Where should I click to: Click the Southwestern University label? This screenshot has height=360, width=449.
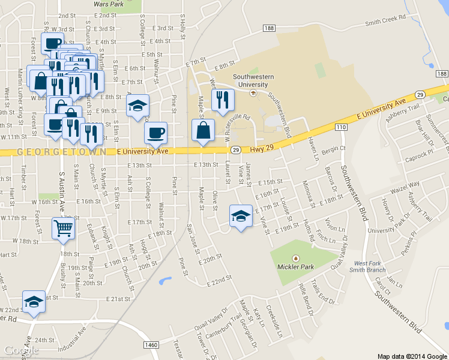click(x=253, y=80)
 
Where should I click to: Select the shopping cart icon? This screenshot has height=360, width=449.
click(x=64, y=229)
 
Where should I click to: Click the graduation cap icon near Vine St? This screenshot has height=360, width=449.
click(x=240, y=216)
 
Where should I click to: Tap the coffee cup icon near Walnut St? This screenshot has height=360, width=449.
click(x=155, y=133)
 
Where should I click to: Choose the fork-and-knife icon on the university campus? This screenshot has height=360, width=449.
click(x=223, y=100)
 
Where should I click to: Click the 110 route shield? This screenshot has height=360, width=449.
click(x=342, y=127)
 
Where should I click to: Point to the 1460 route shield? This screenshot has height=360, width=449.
click(x=151, y=344)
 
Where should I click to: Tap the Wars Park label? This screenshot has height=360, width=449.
click(x=109, y=4)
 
